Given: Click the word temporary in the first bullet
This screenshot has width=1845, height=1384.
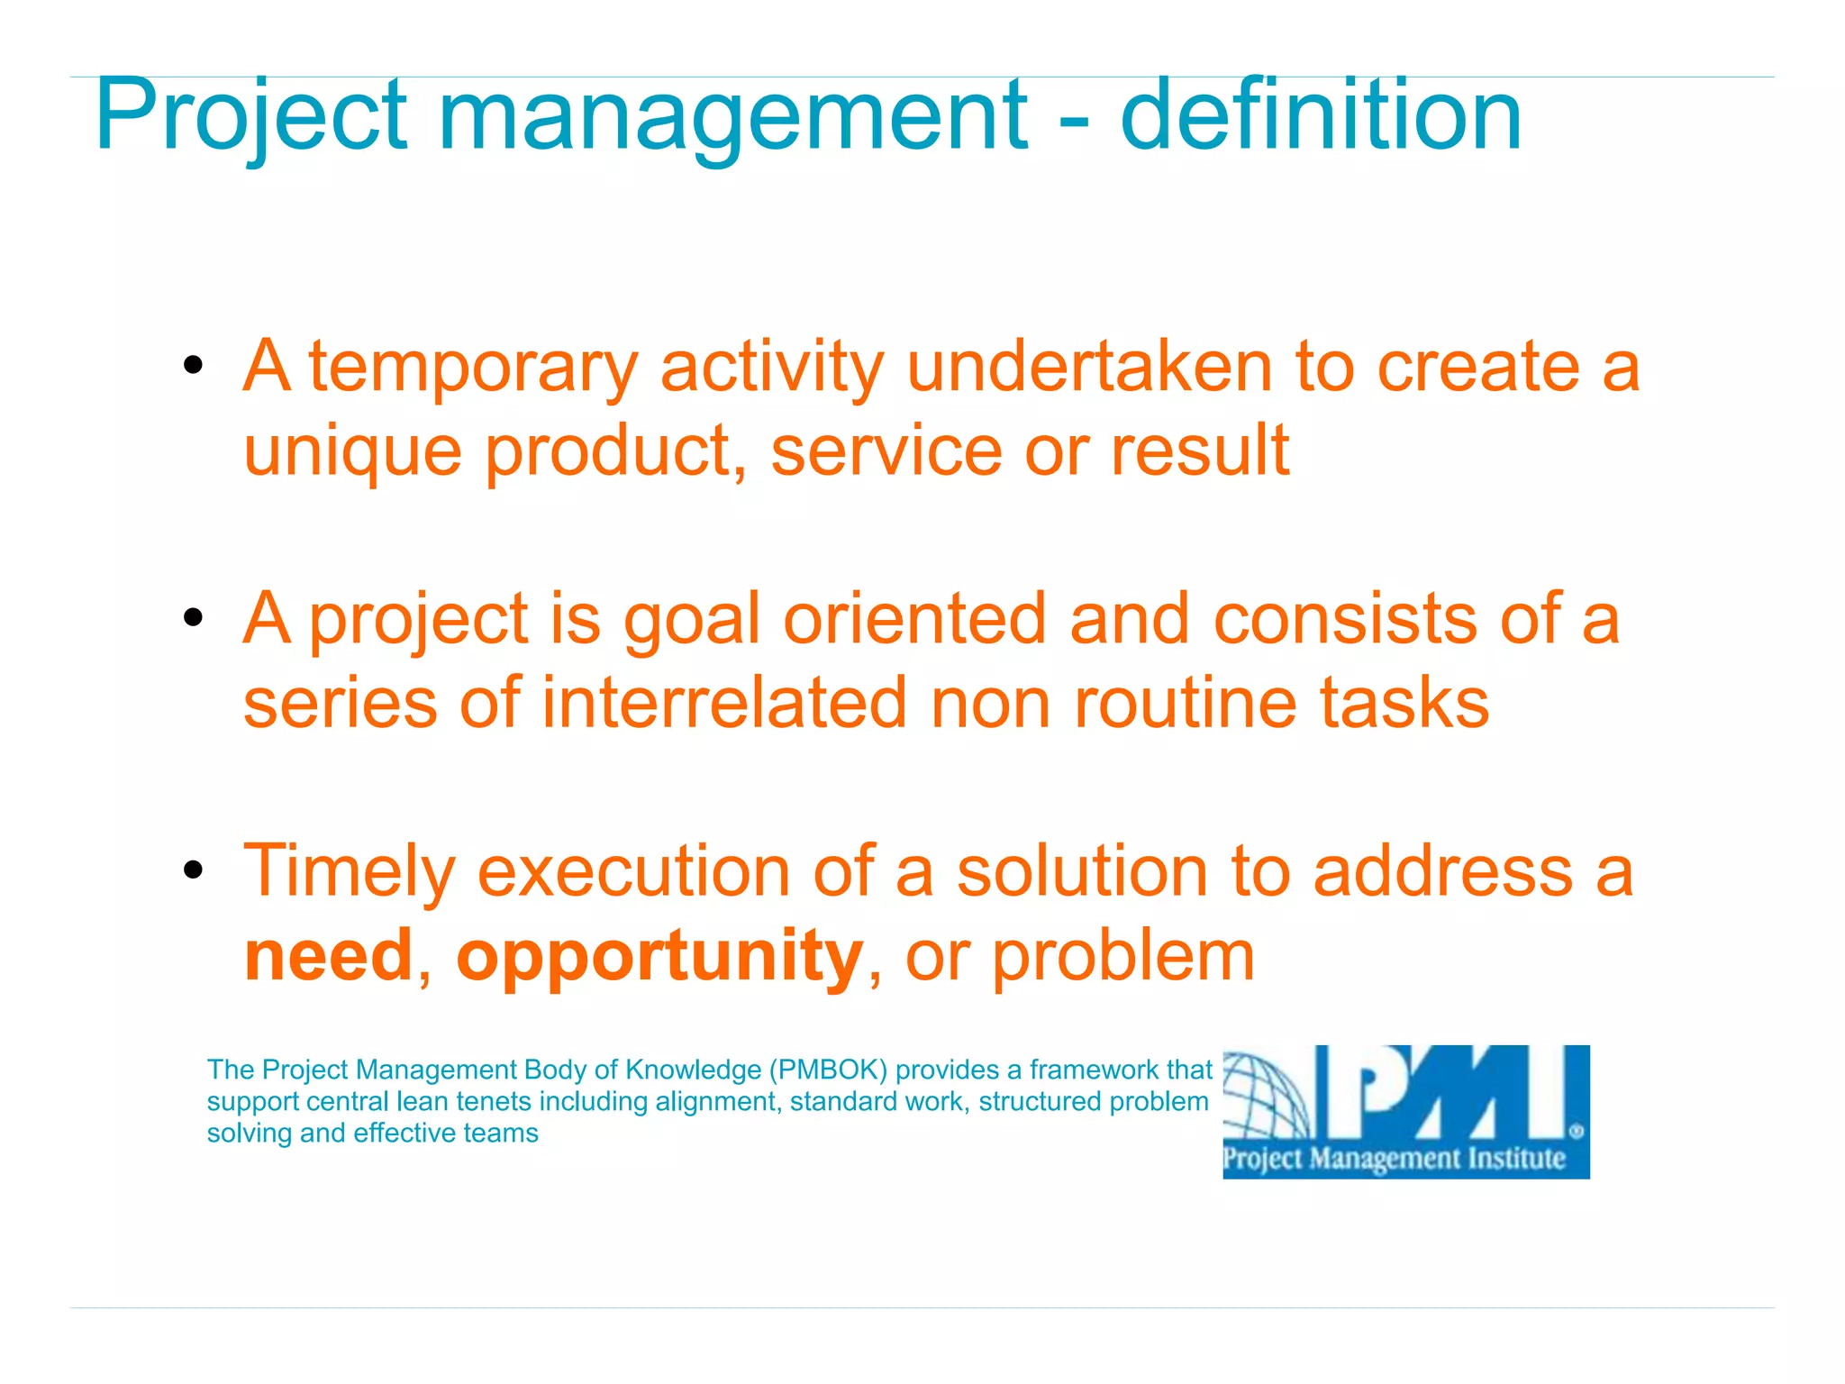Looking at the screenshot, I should [x=473, y=369].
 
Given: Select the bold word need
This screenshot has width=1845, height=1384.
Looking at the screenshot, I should [x=328, y=956].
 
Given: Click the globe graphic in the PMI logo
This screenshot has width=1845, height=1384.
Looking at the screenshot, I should [x=1266, y=1099].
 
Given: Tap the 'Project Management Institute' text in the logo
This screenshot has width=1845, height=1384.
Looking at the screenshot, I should [x=1393, y=1159].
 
